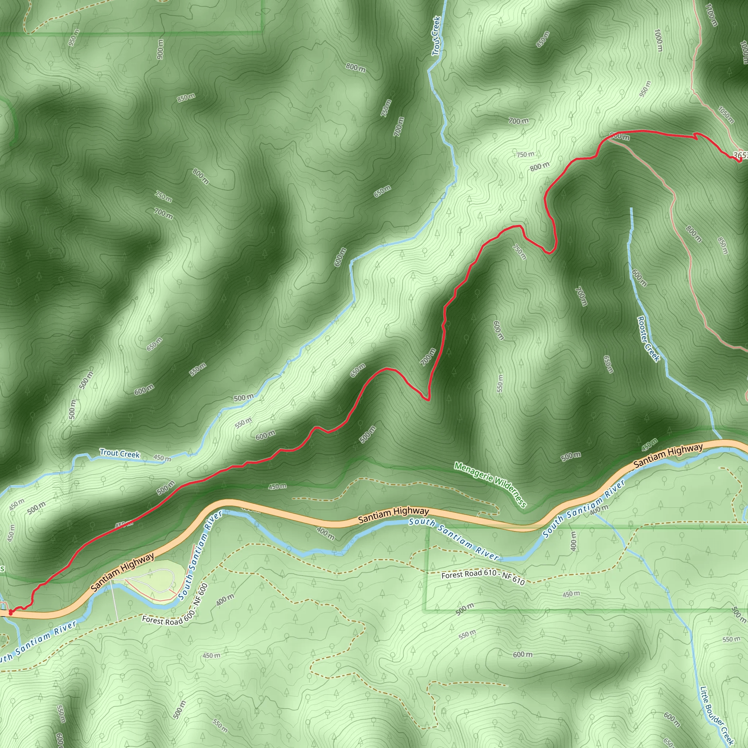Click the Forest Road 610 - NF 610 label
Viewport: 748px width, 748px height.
pyautogui.click(x=483, y=578)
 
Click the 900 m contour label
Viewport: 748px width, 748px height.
pyautogui.click(x=160, y=49)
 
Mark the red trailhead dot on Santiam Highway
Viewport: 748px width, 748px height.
pyautogui.click(x=11, y=612)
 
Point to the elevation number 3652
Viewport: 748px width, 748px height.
pyautogui.click(x=741, y=155)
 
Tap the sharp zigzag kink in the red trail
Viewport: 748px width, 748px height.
pyautogui.click(x=696, y=135)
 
